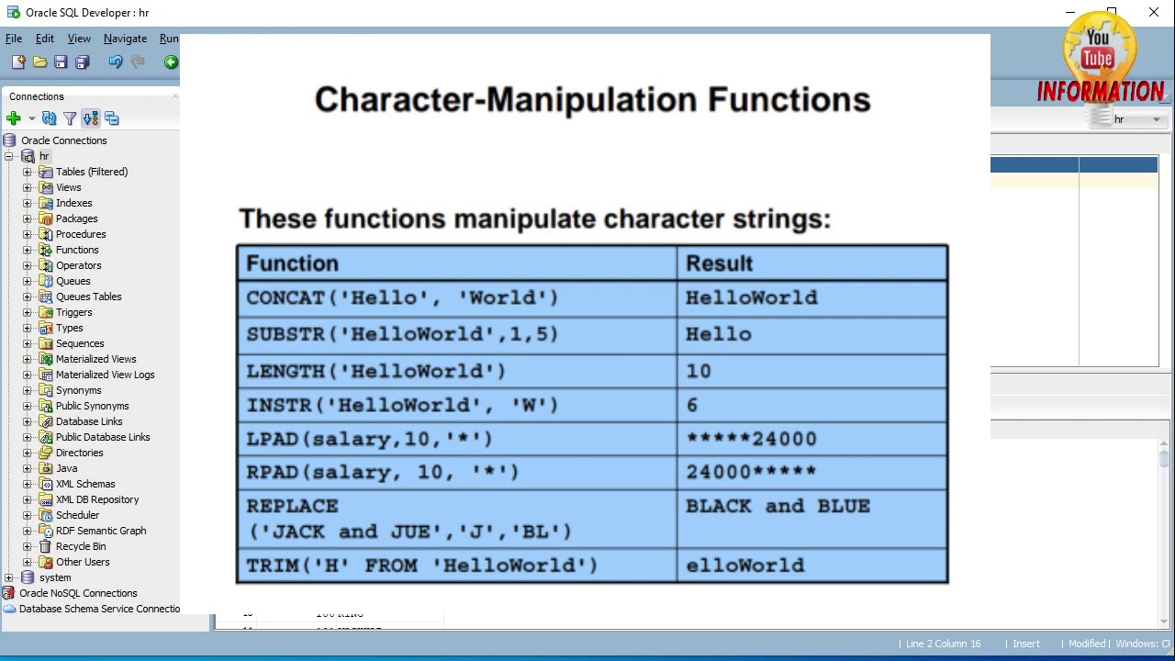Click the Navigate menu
(125, 39)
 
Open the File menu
(14, 39)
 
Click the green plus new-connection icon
(14, 118)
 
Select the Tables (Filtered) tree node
(92, 172)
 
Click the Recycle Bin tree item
(81, 546)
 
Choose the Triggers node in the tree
(74, 313)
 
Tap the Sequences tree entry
(80, 343)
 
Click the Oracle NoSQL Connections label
(78, 593)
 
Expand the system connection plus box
(9, 578)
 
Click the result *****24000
(751, 439)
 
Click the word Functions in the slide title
(789, 100)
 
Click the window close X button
(1154, 12)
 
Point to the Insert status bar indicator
(1026, 644)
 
